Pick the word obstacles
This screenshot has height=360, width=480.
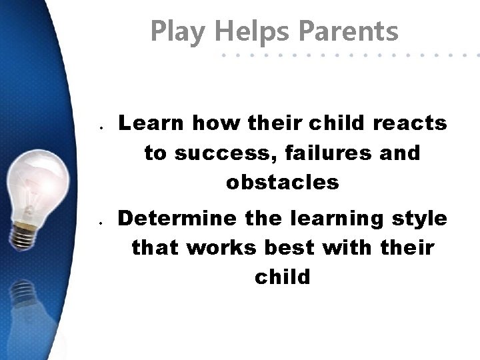click(282, 181)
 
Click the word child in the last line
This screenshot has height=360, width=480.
click(282, 276)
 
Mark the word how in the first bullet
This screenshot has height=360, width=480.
click(213, 123)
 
